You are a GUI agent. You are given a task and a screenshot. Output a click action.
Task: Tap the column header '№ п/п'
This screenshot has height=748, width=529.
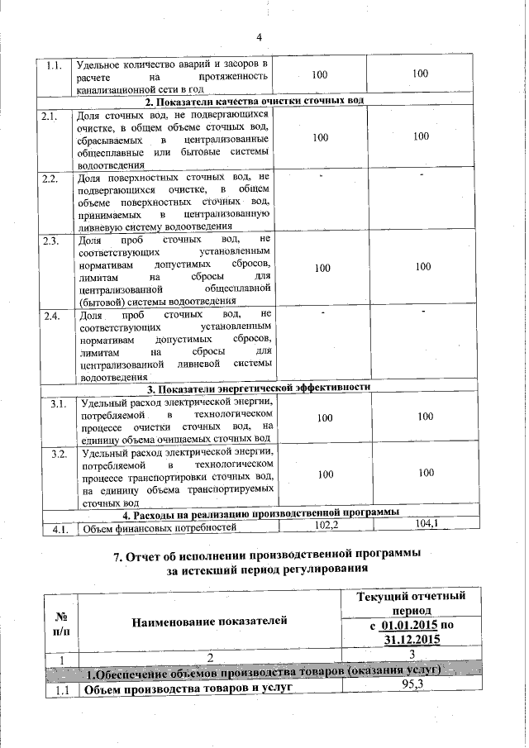coord(60,621)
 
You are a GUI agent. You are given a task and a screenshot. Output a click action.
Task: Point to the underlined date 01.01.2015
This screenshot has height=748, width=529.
coord(407,626)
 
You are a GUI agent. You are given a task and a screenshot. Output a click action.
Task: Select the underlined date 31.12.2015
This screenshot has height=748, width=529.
coord(411,641)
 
